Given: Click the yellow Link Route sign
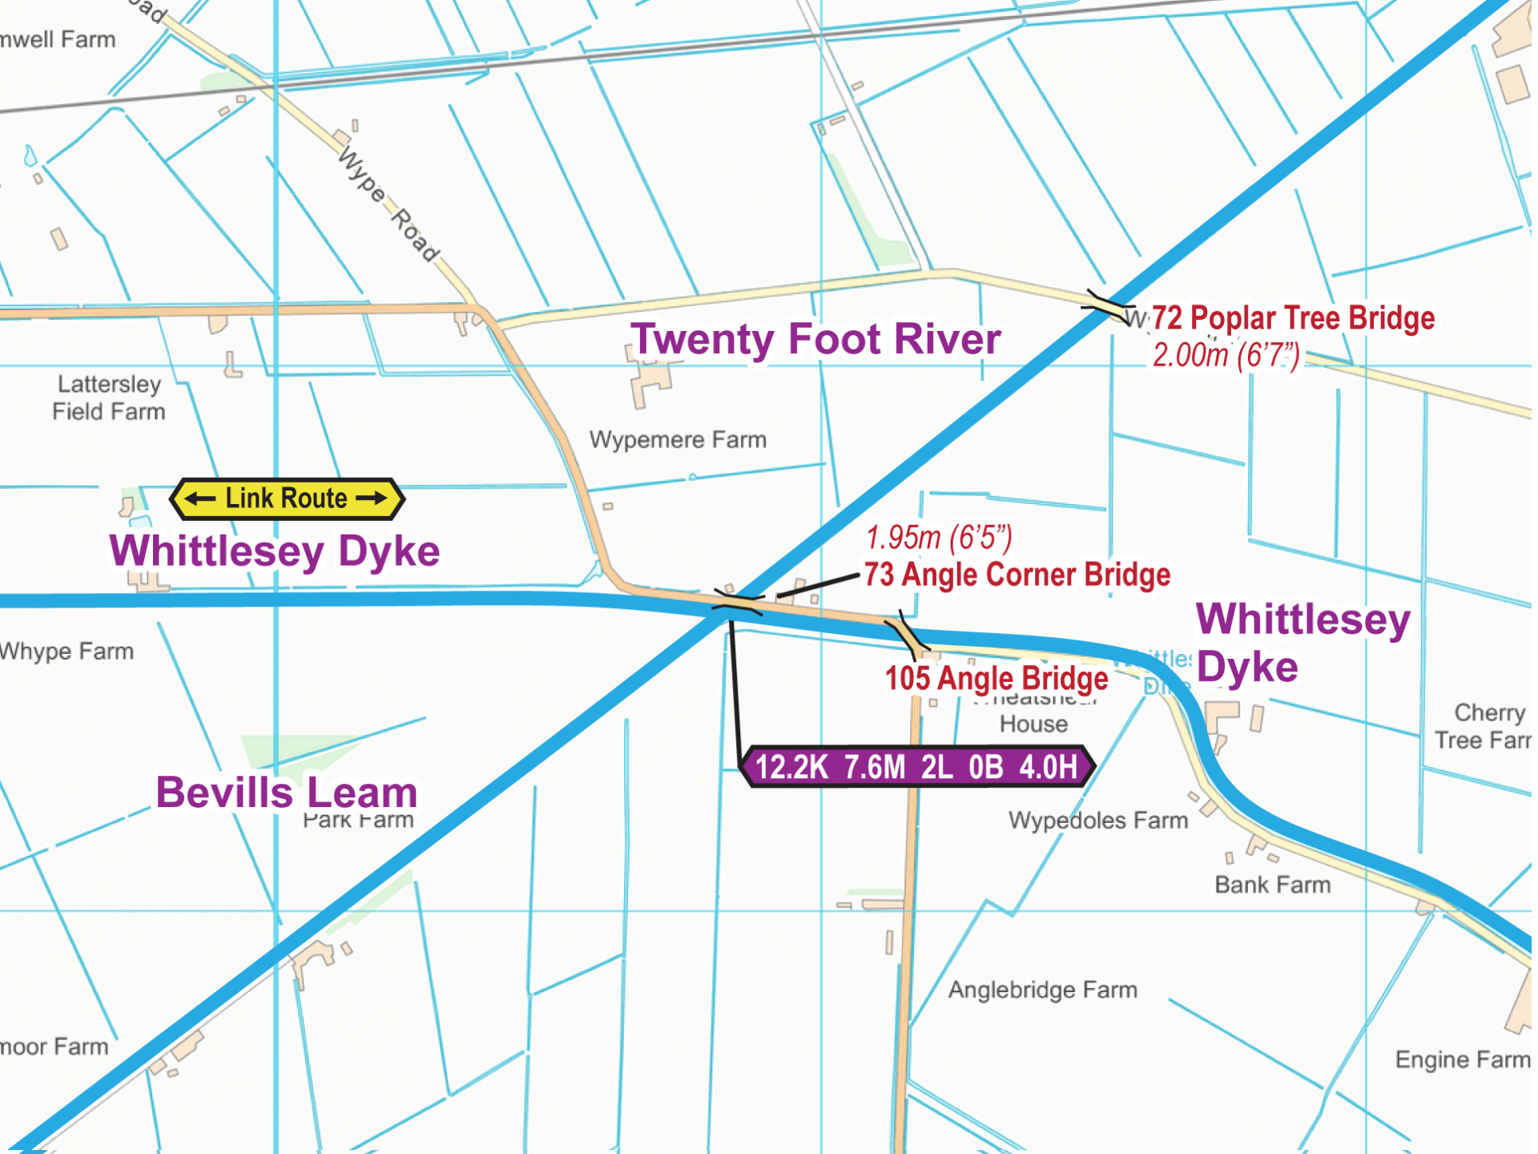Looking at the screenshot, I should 287,498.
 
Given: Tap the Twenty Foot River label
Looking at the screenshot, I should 815,339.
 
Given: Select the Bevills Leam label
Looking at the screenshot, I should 287,793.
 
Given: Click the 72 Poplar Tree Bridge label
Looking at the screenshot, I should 1293,318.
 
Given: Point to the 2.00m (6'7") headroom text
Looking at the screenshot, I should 1226,355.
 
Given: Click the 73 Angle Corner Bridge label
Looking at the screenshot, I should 1017,575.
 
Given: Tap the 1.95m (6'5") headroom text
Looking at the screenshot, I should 939,538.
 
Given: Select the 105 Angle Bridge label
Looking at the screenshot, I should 996,679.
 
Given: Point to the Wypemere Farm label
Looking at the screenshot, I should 678,440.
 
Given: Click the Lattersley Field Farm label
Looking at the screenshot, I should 109,397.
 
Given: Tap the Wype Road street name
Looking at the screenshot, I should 389,205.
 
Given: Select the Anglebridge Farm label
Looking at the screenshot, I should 1042,990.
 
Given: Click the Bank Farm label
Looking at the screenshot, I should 1272,885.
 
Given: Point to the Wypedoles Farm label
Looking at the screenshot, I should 1097,821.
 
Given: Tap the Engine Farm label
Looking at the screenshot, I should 1462,1059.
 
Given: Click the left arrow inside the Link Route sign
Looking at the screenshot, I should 200,498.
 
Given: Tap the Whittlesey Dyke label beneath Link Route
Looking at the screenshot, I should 275,551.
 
